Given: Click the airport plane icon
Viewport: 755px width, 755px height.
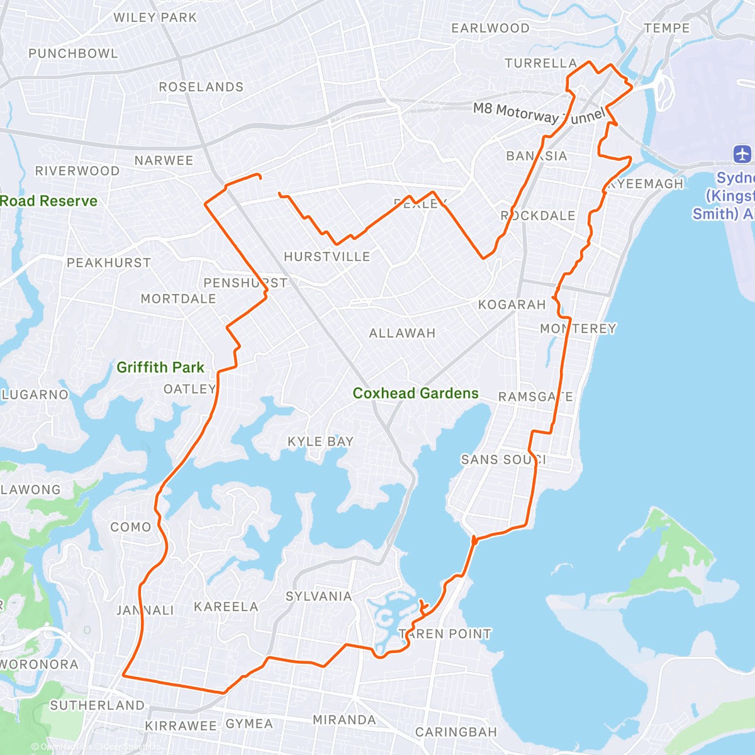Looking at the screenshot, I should [x=742, y=154].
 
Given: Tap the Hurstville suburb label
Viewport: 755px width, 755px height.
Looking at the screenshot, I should [x=327, y=257].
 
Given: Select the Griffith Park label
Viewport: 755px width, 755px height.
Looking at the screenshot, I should [x=160, y=367].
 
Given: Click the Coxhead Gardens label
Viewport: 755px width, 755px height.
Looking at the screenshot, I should [x=415, y=393].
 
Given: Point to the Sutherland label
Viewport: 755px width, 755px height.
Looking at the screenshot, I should [x=97, y=705].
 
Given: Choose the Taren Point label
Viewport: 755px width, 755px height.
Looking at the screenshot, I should [x=445, y=634].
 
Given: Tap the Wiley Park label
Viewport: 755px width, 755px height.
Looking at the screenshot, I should [x=155, y=18].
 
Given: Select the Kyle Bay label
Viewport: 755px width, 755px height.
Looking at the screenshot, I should [x=320, y=442].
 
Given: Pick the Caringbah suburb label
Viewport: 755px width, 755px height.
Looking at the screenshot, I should [x=456, y=732].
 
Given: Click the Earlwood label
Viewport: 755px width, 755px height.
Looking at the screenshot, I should [x=490, y=28].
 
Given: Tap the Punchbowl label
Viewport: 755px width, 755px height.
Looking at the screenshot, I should [x=73, y=53].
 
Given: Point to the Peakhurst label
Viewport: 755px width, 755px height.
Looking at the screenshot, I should [x=109, y=263].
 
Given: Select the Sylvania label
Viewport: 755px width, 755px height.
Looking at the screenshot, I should [x=318, y=596].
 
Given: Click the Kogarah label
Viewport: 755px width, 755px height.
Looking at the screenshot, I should [x=512, y=305].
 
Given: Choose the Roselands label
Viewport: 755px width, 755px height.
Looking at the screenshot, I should [x=201, y=87].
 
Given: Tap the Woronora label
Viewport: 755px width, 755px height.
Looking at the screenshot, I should [x=39, y=664].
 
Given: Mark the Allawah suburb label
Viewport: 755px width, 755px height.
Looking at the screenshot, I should [x=402, y=333].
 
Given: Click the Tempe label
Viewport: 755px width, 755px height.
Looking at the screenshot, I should [x=667, y=28].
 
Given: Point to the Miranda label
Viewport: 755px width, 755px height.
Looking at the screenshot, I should [x=344, y=720].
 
